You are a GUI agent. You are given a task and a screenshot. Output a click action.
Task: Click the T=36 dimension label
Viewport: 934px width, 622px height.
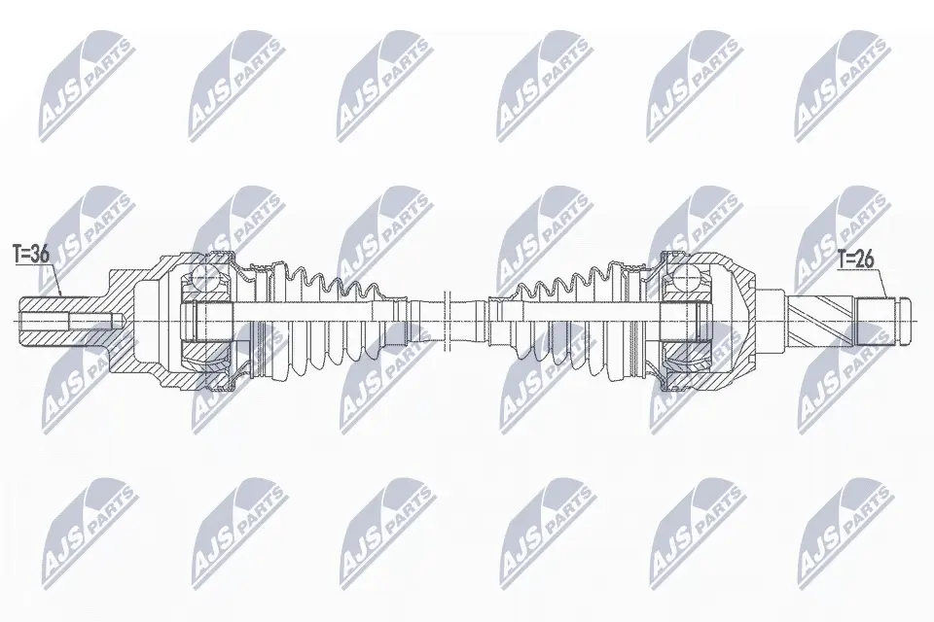[x=30, y=255]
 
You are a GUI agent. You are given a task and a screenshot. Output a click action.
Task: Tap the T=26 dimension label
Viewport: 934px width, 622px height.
[x=855, y=259]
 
